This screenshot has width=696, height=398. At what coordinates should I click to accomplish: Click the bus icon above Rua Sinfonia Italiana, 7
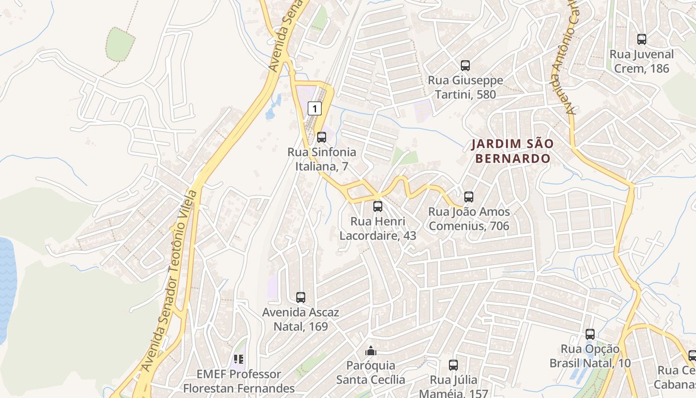[x=322, y=137]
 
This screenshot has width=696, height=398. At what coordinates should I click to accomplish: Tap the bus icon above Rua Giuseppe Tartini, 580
[x=465, y=65]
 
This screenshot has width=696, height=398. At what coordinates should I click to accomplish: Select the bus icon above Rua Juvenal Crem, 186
[x=642, y=39]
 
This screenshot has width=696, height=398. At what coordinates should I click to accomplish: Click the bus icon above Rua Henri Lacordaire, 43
[x=378, y=206]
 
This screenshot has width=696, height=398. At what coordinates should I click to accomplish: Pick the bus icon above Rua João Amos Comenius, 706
[x=469, y=197]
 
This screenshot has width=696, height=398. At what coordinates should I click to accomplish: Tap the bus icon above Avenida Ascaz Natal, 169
[x=301, y=298]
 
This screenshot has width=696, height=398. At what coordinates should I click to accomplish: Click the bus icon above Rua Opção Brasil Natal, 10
[x=590, y=334]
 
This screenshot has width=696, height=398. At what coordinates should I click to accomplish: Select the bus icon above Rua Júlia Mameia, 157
[x=453, y=365]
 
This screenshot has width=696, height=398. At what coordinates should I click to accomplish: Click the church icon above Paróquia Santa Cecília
[x=371, y=351]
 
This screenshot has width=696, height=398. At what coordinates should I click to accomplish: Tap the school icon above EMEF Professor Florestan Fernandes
[x=239, y=359]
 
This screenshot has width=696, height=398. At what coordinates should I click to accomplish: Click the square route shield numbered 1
[x=314, y=107]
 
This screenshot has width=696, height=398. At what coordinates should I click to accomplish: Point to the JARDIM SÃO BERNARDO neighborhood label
[x=512, y=151]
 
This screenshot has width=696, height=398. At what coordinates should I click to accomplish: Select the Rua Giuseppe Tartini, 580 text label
[x=466, y=87]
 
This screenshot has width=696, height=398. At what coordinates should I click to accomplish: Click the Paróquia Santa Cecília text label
[x=371, y=373]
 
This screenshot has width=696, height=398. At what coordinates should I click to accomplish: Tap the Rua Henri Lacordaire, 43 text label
[x=378, y=228]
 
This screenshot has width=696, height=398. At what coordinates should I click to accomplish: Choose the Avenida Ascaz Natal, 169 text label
[x=301, y=319]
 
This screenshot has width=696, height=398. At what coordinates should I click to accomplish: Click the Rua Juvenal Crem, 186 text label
[x=642, y=61]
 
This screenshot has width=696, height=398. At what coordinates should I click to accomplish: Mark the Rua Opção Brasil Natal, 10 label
[x=590, y=356]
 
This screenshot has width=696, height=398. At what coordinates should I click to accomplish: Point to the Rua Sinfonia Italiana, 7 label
[x=322, y=159]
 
